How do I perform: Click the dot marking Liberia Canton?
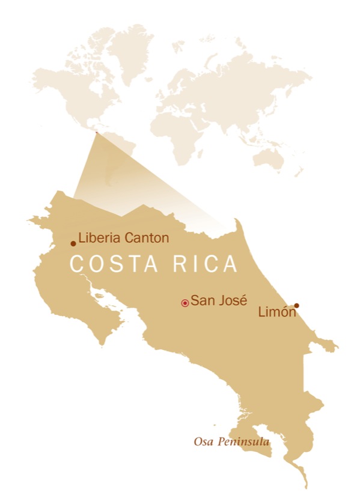pos(73,243)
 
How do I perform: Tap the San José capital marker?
pos(185,303)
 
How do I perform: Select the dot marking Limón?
pos(296,305)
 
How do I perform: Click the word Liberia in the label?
pos(100,238)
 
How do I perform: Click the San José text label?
pos(219,300)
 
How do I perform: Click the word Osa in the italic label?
pos(203,442)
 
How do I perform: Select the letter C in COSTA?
pos(76,264)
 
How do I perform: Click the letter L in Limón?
pos(260,312)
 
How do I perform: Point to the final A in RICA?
pos(230,264)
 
